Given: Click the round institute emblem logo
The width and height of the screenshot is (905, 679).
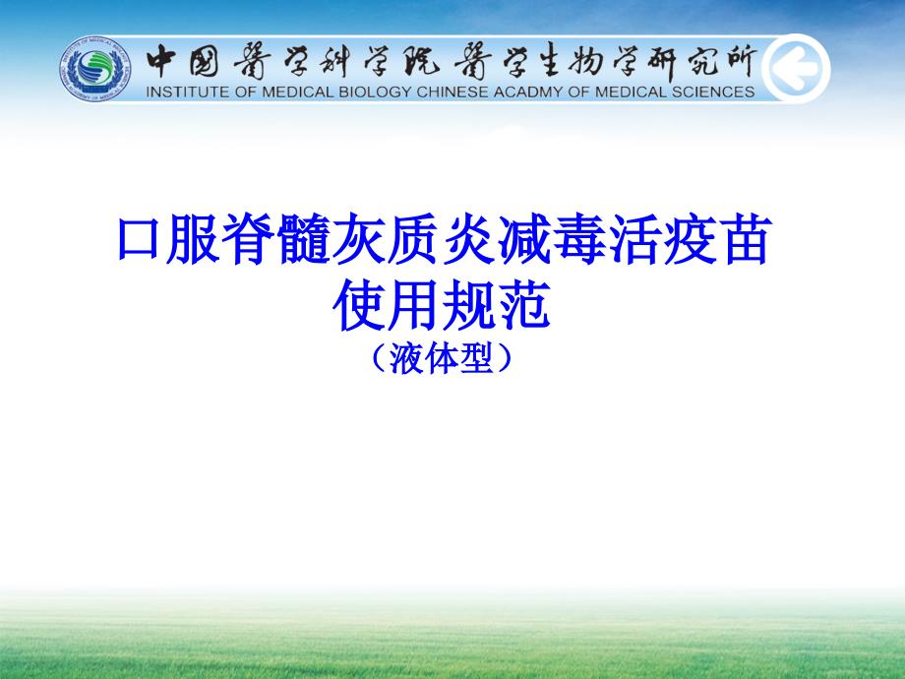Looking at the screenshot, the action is coord(95,69).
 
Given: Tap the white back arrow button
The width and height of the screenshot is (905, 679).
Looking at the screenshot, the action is coord(796,69).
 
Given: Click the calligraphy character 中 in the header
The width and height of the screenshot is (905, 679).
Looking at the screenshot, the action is coord(161,61).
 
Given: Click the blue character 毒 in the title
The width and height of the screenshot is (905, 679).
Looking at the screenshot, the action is coord(579,239).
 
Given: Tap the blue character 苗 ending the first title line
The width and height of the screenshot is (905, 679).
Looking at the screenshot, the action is coord(746,239).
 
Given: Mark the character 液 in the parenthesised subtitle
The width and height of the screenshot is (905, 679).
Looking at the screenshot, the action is coord(407,358).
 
